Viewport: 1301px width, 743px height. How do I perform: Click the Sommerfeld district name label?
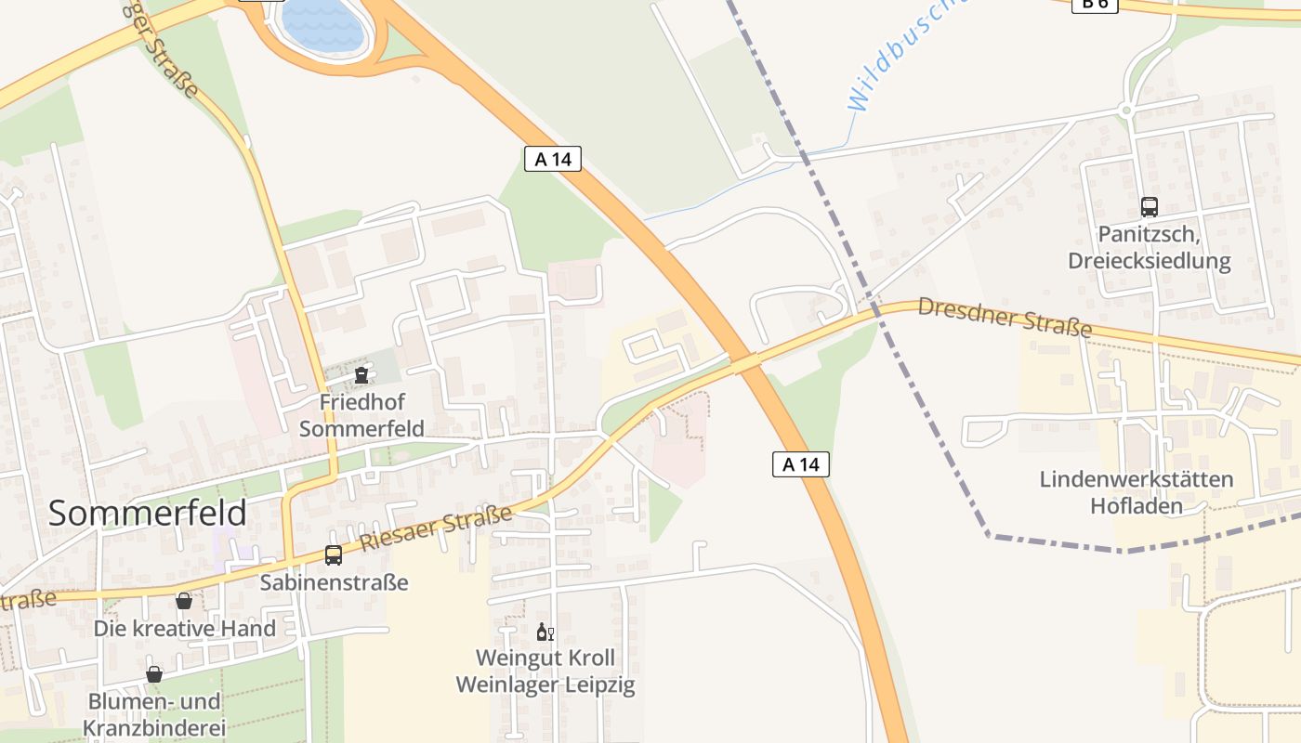[147, 513]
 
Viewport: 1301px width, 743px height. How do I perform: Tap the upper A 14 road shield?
[553, 159]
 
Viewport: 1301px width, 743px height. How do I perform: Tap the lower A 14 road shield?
[800, 463]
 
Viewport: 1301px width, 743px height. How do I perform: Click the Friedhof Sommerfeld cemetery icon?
[361, 375]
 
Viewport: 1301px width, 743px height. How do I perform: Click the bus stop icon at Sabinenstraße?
[334, 555]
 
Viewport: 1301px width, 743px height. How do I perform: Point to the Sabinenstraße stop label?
[334, 583]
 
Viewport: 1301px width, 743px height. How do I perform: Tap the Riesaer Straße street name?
[436, 528]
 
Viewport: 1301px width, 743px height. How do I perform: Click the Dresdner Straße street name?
[1005, 317]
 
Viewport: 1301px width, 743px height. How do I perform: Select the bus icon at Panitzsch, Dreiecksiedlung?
[1150, 207]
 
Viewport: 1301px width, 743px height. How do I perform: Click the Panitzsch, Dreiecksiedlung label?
[1150, 247]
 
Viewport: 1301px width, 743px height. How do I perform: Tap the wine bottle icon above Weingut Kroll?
[545, 632]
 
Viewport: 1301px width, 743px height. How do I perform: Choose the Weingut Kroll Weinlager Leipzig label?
[545, 671]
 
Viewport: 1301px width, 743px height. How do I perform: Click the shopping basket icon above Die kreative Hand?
[184, 601]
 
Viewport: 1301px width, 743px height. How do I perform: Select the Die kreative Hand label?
[184, 629]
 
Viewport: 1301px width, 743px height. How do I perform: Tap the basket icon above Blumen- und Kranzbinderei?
[154, 674]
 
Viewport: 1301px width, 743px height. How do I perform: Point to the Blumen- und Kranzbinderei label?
[154, 713]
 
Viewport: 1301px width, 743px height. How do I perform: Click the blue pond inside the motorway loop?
[322, 25]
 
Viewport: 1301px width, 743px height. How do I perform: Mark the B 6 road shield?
[1095, 4]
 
